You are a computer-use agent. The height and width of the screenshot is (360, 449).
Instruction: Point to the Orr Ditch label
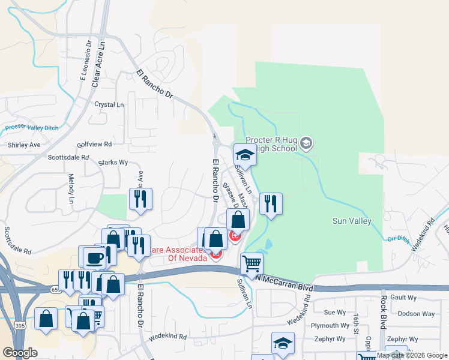397,238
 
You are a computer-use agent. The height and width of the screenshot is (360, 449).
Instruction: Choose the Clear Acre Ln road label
98,63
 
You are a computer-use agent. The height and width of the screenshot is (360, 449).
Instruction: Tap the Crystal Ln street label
109,104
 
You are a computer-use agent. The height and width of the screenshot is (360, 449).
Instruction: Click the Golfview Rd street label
94,145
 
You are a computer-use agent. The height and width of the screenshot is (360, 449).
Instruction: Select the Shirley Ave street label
24,145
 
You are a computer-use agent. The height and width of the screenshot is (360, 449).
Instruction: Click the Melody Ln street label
70,187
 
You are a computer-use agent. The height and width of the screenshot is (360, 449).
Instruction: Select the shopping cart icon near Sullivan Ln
252,263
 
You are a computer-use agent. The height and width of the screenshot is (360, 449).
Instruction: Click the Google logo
20,353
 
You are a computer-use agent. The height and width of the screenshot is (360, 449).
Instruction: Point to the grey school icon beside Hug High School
306,143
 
